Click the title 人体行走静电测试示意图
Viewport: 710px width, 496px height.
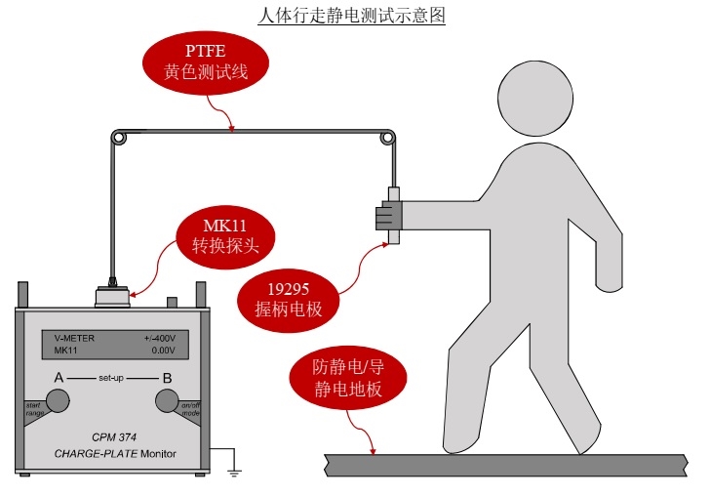(x=356, y=16)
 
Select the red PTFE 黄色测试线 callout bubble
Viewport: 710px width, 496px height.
(x=201, y=61)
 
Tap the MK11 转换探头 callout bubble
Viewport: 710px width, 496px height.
(x=225, y=238)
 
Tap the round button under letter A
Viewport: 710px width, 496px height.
(x=59, y=399)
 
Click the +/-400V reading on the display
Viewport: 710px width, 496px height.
(x=158, y=338)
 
